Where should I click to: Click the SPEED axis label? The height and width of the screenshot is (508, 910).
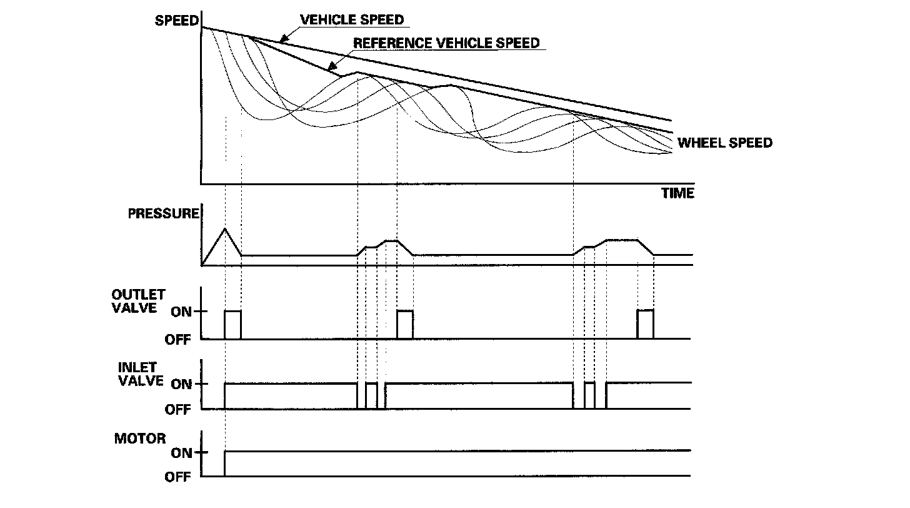click(176, 20)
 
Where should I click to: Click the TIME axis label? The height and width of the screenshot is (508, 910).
click(677, 193)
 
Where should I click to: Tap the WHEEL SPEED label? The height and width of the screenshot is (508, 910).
click(725, 143)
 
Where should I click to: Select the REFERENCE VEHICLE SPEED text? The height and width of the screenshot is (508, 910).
click(446, 43)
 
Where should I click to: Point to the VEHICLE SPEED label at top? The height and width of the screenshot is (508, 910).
click(352, 19)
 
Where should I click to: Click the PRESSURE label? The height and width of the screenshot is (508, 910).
click(163, 214)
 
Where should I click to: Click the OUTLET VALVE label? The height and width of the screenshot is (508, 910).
click(138, 301)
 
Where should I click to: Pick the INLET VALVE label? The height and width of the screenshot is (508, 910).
click(141, 373)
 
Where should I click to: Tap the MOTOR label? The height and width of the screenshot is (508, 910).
click(140, 439)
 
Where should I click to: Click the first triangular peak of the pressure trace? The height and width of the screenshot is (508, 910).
click(225, 230)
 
